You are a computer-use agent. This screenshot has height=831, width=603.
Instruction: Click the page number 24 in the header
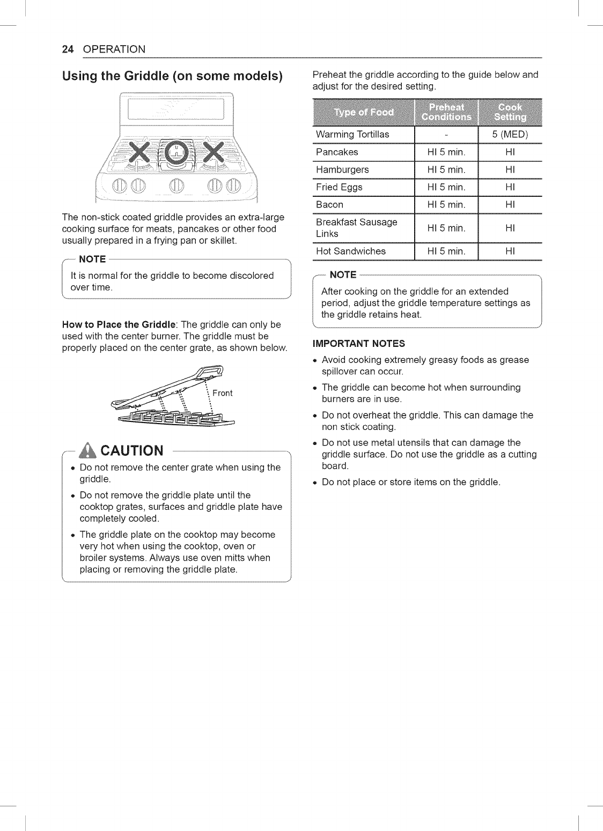click(x=68, y=49)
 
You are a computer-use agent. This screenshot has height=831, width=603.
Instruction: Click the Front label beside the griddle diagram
click(x=222, y=393)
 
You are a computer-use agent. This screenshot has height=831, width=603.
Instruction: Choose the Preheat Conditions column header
click(x=446, y=112)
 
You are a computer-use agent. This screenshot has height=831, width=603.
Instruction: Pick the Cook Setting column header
click(x=510, y=112)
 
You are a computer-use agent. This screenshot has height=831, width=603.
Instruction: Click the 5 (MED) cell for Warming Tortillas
click(x=510, y=134)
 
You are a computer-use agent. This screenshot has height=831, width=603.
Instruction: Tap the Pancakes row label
click(x=337, y=152)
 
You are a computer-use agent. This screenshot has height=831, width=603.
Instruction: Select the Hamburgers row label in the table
click(x=342, y=169)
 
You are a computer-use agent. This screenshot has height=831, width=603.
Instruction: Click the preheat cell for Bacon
click(x=446, y=204)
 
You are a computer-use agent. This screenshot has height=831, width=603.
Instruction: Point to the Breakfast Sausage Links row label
click(x=357, y=228)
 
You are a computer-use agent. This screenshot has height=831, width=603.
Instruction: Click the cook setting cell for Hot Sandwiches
click(x=510, y=251)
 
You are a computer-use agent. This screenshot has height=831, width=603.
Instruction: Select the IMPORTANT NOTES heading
click(x=359, y=344)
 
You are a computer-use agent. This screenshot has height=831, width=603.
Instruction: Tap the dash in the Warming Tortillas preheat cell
click(x=446, y=135)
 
